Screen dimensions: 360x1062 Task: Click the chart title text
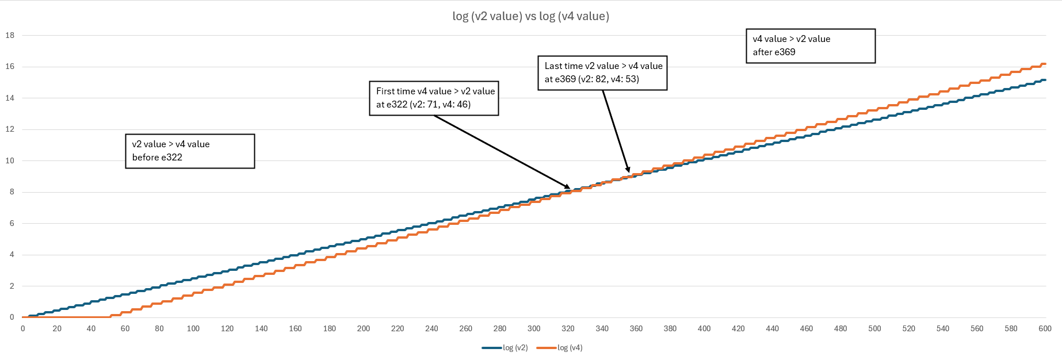(x=530, y=16)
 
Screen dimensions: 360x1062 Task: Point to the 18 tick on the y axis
(x=10, y=35)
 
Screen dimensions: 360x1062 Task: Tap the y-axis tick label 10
(x=10, y=160)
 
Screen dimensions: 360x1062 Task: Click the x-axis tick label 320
(x=568, y=328)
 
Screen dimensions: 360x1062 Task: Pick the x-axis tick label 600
(x=1045, y=328)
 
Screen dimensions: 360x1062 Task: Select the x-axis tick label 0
(x=23, y=328)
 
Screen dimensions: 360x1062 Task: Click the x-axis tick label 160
(x=295, y=328)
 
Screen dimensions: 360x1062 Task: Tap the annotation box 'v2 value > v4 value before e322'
(x=190, y=151)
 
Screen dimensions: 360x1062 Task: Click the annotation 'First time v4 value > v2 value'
(x=435, y=91)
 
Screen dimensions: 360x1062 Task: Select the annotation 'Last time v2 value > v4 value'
(x=603, y=66)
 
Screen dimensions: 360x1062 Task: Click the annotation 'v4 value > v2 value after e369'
(x=810, y=46)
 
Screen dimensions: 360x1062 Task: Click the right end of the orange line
(x=1045, y=64)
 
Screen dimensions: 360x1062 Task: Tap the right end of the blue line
(x=1045, y=80)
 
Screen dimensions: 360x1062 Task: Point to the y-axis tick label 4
(x=12, y=255)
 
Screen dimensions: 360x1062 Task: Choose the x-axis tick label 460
(x=807, y=328)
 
